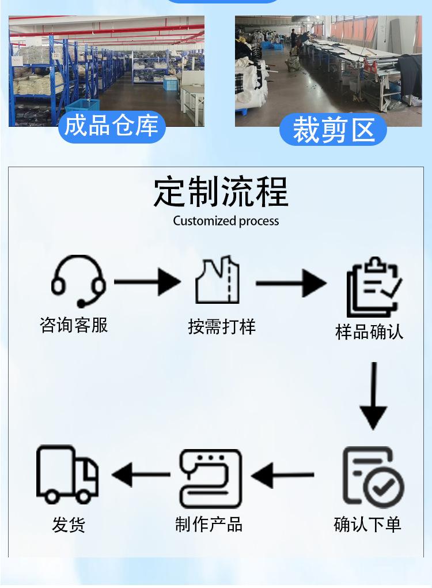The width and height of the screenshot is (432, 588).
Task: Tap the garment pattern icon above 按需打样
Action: point(217,281)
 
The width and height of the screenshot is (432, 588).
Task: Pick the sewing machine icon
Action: point(210,478)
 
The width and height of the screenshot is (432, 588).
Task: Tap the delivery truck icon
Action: point(67,475)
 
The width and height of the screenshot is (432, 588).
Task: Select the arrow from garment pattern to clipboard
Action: point(291,283)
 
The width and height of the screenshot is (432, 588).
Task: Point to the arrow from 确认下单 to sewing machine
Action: point(283,476)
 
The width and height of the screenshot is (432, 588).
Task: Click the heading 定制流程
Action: point(221,193)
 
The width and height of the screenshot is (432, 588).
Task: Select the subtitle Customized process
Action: point(226,221)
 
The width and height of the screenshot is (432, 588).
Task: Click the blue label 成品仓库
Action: point(112,126)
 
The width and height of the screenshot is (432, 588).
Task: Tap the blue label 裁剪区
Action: point(333,130)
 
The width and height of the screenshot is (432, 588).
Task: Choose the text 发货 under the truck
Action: point(69,525)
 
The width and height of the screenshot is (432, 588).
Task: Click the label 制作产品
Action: point(209,524)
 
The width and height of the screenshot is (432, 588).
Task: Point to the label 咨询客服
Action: point(74,325)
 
